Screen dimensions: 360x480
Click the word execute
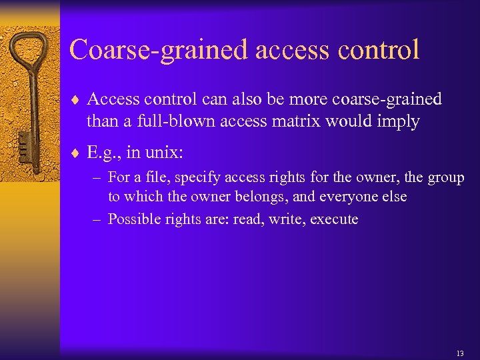335,219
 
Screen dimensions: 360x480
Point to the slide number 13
460,353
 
